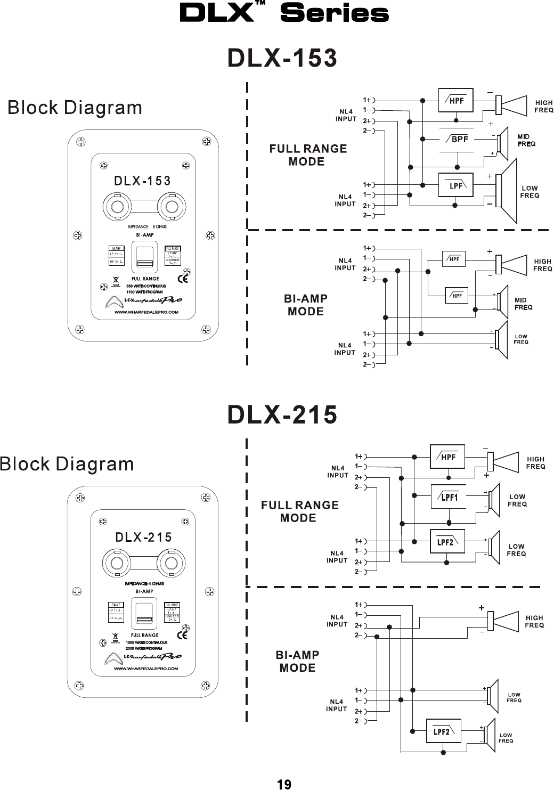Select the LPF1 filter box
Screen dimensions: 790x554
[x=448, y=498]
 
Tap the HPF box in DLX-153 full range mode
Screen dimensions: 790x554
[x=455, y=100]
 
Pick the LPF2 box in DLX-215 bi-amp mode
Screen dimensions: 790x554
[x=443, y=731]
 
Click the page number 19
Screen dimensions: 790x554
[x=284, y=784]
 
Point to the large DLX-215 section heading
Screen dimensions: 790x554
[x=282, y=414]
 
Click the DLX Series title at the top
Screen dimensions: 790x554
[x=284, y=13]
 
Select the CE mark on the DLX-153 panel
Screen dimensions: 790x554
[x=182, y=278]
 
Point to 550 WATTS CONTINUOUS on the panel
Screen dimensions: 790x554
[x=146, y=286]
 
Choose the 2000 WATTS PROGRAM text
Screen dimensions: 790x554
[x=144, y=648]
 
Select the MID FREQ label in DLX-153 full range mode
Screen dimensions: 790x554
[x=526, y=140]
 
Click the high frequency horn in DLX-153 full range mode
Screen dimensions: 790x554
[x=512, y=105]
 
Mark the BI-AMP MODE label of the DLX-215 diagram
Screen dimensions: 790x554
[x=297, y=661]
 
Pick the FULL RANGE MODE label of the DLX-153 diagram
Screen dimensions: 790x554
[x=308, y=154]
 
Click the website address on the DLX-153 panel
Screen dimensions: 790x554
[x=146, y=313]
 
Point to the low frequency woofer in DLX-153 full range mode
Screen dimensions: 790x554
[x=506, y=191]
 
